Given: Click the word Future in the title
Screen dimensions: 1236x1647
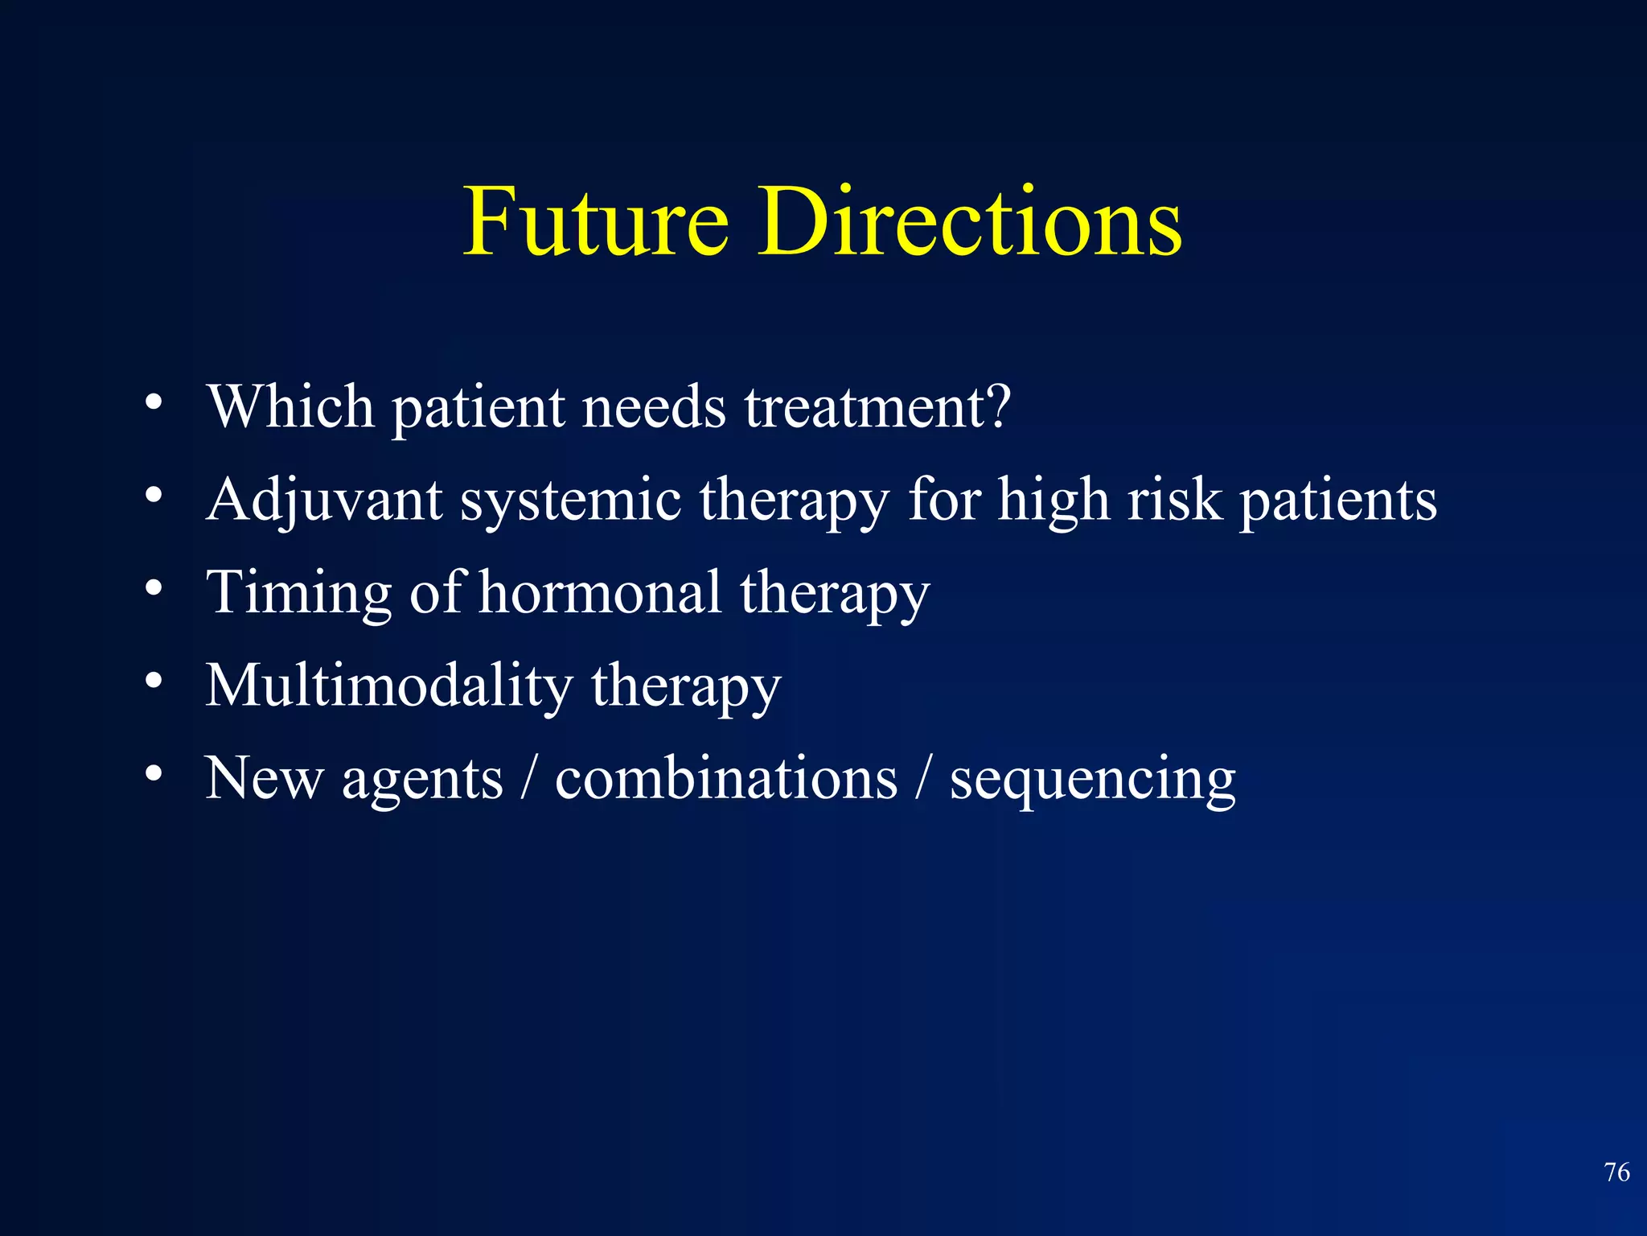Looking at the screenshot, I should click(596, 221).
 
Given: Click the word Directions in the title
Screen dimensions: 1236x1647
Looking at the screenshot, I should click(970, 221).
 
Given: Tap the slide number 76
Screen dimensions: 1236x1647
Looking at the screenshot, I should click(1616, 1172).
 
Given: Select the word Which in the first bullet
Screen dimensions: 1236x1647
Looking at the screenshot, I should click(291, 406).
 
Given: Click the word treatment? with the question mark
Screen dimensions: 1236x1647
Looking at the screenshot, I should click(877, 406).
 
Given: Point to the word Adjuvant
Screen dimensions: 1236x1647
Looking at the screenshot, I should click(324, 501).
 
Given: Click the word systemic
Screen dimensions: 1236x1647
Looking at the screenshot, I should click(571, 501).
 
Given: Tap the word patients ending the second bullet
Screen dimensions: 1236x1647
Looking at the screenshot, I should click(1337, 501).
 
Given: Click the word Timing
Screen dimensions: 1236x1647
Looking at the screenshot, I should click(298, 593).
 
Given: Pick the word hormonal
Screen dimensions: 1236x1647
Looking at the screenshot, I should click(600, 593).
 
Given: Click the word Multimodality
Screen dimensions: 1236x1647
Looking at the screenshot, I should click(389, 686).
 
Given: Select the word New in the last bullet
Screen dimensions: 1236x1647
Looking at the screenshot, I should click(264, 779).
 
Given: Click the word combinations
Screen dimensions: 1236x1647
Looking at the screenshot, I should click(726, 779).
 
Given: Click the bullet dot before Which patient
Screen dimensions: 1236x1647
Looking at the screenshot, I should click(154, 402).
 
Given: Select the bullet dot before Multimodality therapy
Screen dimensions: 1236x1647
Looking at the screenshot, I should click(154, 681).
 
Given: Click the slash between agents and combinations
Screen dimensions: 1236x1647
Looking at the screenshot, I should click(528, 779).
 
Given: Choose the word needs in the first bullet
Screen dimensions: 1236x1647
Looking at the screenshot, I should click(654, 406).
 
